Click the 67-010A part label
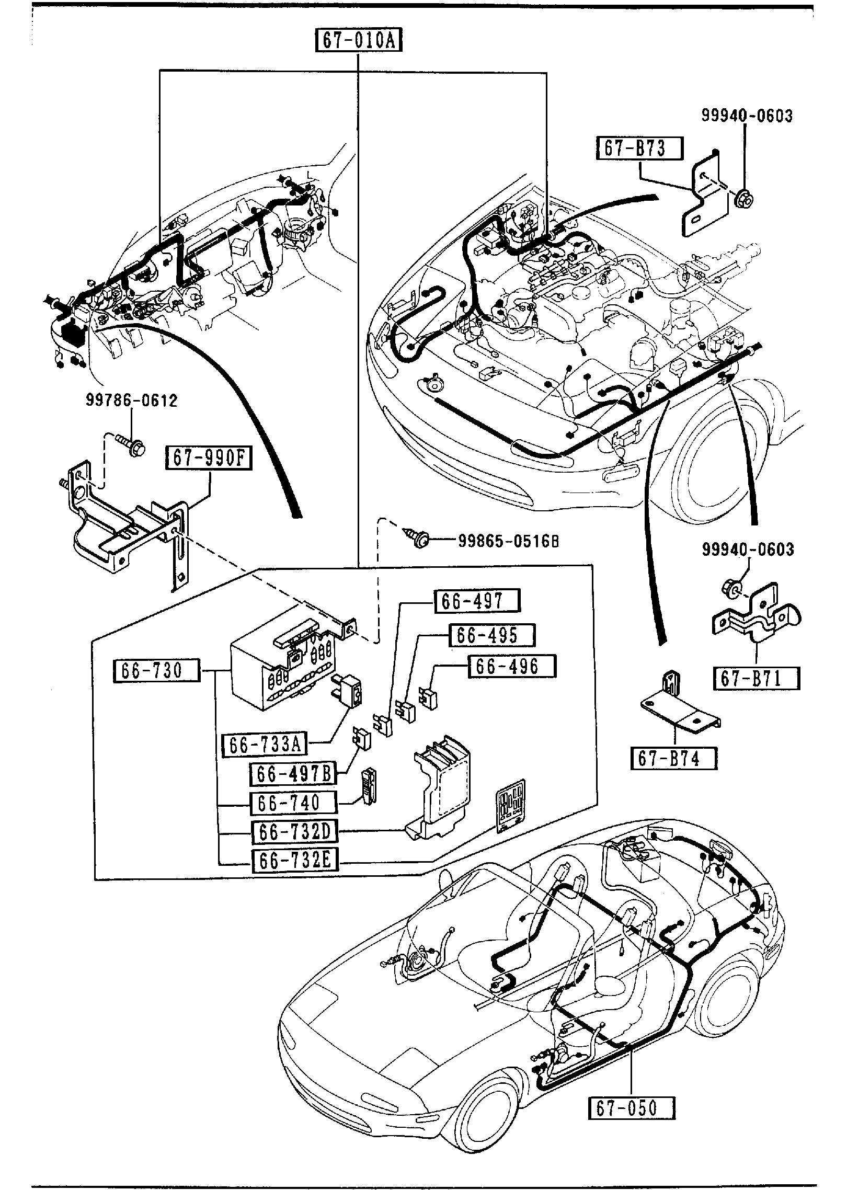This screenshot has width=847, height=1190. (358, 40)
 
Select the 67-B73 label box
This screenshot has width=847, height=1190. (640, 148)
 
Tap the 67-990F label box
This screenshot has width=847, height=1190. (209, 459)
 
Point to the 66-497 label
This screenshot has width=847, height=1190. (477, 601)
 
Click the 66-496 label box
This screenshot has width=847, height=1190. (511, 667)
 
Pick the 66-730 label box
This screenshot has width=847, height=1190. (156, 671)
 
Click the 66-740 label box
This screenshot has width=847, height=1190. (293, 804)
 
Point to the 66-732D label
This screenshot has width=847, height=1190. (294, 832)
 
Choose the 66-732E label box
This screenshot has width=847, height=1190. (294, 861)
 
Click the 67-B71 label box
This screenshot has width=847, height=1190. (757, 679)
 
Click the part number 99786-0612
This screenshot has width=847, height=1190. (131, 401)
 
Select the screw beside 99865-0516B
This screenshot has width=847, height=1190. (418, 539)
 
